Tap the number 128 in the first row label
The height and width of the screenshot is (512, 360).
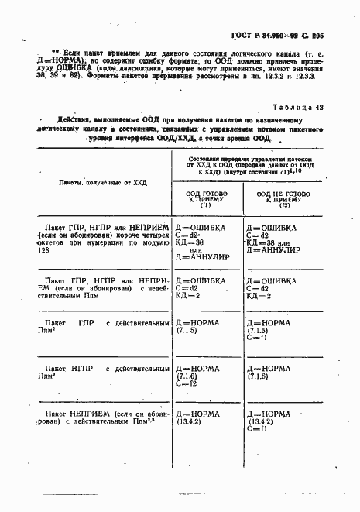pos(43,252)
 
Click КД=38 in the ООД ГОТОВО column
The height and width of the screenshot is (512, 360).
pos(190,243)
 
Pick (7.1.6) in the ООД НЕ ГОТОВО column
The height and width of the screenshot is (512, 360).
pos(259,376)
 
